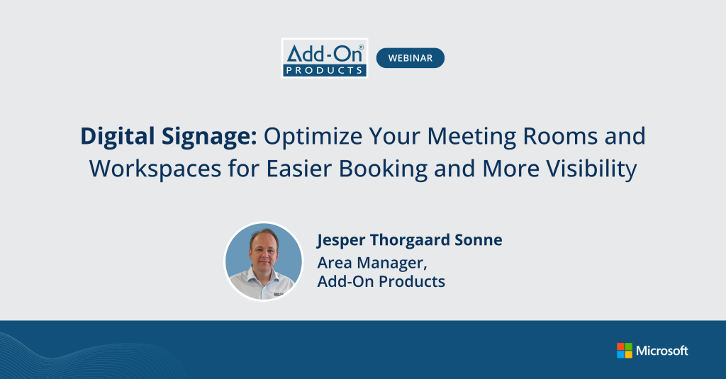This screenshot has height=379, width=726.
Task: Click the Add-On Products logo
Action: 324,57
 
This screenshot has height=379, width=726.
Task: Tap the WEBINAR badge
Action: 410,58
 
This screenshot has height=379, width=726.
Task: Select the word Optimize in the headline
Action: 310,136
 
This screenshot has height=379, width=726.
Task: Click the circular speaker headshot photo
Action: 263,261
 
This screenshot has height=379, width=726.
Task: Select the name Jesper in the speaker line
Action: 344,241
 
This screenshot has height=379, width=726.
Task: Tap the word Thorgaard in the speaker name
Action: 410,241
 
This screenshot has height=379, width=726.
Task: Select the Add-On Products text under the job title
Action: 381,281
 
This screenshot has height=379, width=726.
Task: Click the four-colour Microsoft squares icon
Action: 624,351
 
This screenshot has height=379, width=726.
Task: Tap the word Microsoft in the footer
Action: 661,351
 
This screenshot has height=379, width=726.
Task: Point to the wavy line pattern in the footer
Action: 85,358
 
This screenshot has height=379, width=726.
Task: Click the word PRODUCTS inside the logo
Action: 324,69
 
